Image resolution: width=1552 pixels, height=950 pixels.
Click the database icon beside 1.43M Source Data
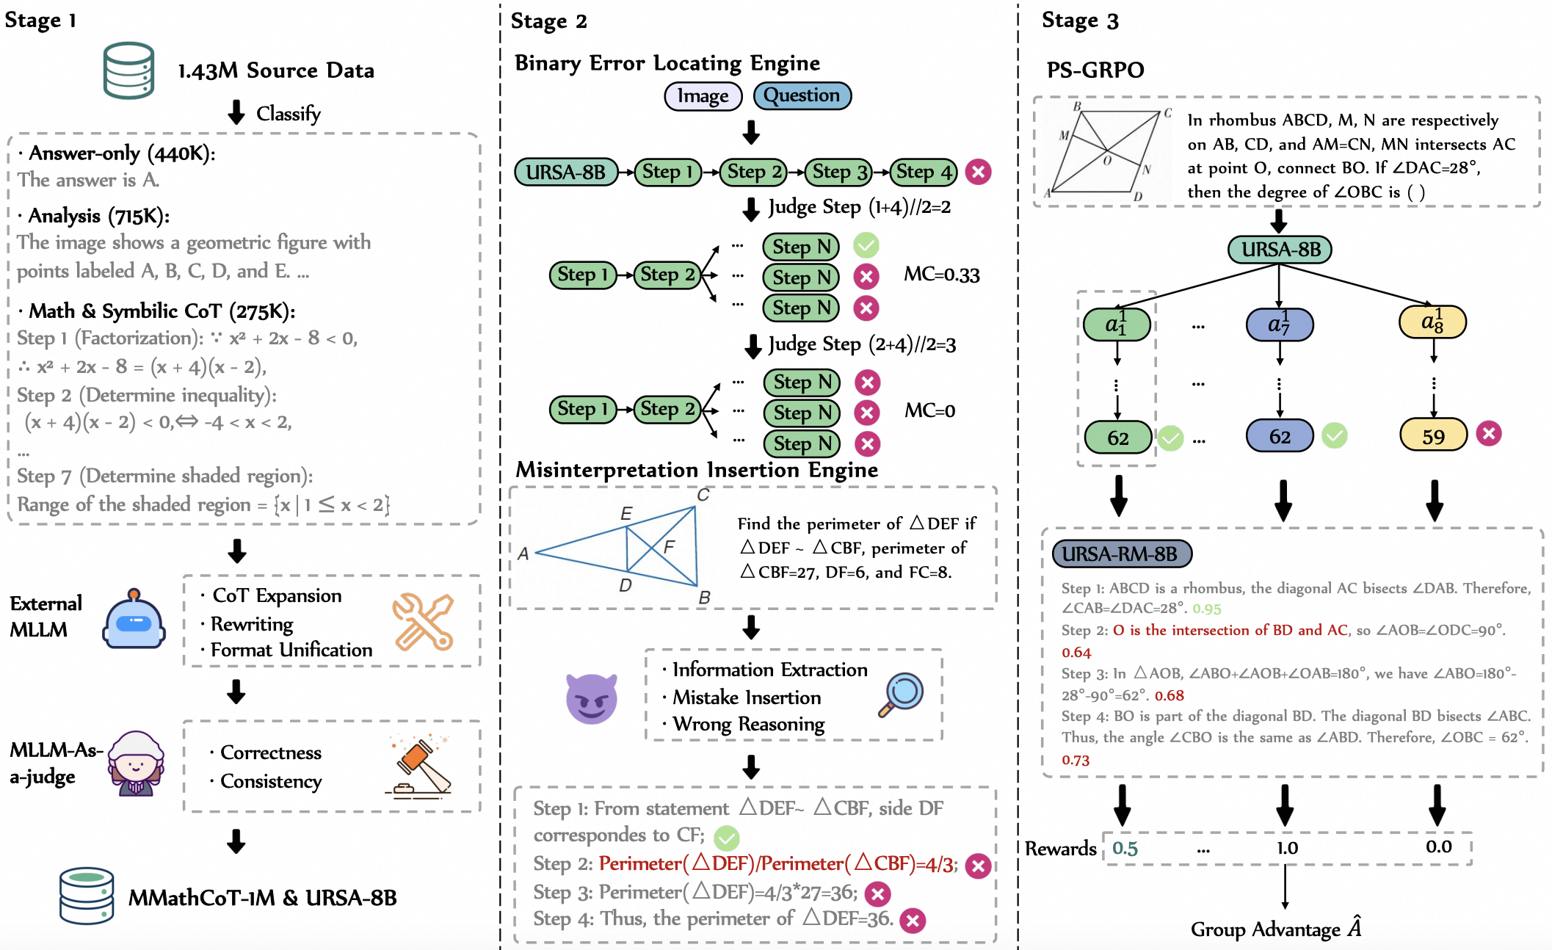click(129, 70)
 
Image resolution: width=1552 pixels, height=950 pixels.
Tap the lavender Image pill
click(703, 96)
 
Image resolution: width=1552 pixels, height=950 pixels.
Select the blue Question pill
click(802, 95)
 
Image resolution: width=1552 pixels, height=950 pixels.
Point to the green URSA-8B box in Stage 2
click(566, 172)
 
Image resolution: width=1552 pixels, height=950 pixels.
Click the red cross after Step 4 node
click(978, 172)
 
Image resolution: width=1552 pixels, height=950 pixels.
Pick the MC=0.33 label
click(941, 275)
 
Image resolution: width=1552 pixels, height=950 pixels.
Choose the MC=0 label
click(929, 410)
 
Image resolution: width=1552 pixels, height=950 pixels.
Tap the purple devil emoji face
click(592, 698)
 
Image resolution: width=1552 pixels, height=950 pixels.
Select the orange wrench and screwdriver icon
click(422, 622)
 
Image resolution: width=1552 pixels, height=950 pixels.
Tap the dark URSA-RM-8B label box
click(1121, 554)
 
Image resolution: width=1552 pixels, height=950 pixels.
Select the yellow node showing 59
click(1433, 435)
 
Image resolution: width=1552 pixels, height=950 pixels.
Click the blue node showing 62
click(1279, 436)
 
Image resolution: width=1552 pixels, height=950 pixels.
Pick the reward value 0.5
click(1124, 849)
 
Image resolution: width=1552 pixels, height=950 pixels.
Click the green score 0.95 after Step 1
click(1206, 609)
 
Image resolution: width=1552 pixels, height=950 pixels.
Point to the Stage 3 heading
click(1079, 21)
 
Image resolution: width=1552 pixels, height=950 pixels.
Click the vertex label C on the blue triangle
click(703, 496)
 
